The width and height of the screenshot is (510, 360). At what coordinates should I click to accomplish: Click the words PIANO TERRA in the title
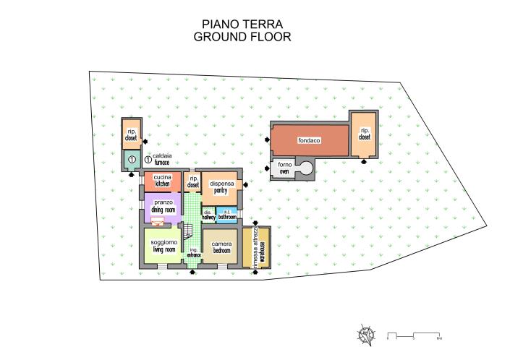click(242, 25)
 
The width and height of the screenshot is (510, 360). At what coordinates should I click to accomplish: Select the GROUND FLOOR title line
click(242, 37)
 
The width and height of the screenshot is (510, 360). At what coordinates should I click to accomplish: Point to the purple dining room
click(162, 205)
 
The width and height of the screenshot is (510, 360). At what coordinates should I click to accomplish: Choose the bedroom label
click(220, 247)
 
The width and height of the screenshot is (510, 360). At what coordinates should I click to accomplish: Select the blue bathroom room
click(227, 215)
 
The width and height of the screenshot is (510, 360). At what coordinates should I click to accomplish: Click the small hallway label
click(208, 215)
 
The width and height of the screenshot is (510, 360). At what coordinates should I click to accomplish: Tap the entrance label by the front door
click(194, 253)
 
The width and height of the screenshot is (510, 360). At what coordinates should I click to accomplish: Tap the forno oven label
click(285, 169)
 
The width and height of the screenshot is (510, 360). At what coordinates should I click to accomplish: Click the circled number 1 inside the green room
click(132, 158)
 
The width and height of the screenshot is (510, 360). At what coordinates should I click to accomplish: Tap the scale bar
click(415, 336)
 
